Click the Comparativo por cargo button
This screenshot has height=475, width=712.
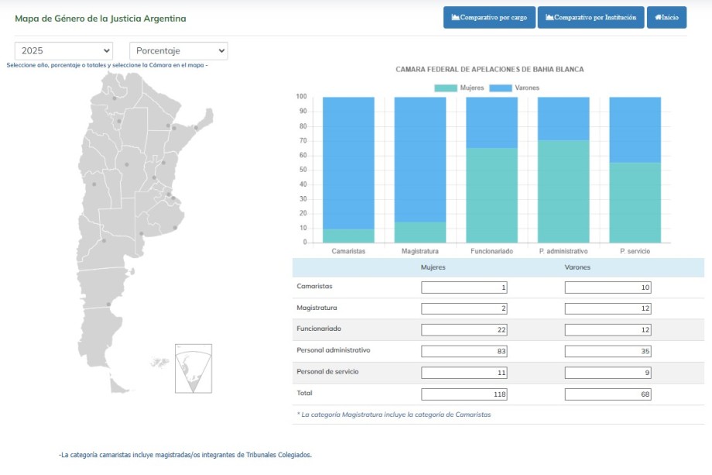[489, 18]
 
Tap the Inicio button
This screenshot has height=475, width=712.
[666, 18]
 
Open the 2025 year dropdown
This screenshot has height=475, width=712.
[63, 51]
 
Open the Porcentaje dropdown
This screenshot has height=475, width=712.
[178, 51]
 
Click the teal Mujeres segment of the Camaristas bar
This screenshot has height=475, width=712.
[348, 236]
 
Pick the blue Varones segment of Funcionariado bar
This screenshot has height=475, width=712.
[491, 122]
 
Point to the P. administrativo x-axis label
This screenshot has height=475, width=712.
[563, 252]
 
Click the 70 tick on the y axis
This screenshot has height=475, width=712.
[303, 141]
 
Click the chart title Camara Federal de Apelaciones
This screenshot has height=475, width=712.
[489, 70]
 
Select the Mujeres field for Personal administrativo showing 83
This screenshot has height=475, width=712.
[464, 351]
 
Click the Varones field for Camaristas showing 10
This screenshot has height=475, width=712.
[608, 287]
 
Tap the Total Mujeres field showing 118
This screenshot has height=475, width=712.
[464, 394]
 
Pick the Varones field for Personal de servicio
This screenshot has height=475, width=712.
[608, 373]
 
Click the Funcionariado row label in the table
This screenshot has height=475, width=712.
[319, 329]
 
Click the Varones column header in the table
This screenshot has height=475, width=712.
[577, 267]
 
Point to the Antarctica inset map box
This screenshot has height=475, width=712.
[193, 368]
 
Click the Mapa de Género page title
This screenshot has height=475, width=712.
[101, 19]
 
